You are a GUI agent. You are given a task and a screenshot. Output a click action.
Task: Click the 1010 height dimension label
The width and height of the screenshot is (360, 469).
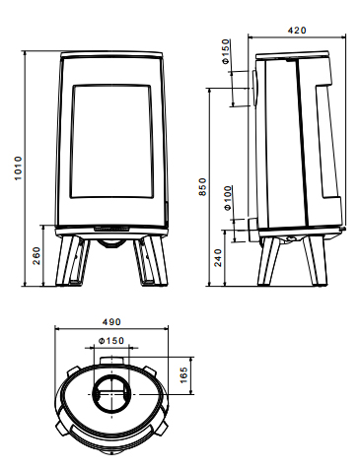18,167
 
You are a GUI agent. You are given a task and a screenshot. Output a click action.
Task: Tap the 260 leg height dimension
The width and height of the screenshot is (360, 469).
36,255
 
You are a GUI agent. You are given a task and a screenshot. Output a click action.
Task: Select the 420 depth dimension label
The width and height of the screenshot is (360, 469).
297,31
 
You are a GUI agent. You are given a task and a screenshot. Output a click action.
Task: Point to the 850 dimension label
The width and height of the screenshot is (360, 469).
203,187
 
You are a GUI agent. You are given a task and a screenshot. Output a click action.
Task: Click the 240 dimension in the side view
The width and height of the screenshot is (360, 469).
218,257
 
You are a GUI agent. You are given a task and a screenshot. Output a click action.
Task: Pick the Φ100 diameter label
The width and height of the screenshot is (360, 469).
227,198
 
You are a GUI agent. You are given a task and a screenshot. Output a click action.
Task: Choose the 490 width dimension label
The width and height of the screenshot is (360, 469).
111,322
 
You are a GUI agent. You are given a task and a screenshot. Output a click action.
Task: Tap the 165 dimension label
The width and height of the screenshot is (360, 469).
183,375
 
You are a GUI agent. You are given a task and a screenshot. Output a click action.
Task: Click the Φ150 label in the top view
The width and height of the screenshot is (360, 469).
111,341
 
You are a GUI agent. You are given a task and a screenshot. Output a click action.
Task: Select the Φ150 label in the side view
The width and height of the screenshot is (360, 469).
225,51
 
